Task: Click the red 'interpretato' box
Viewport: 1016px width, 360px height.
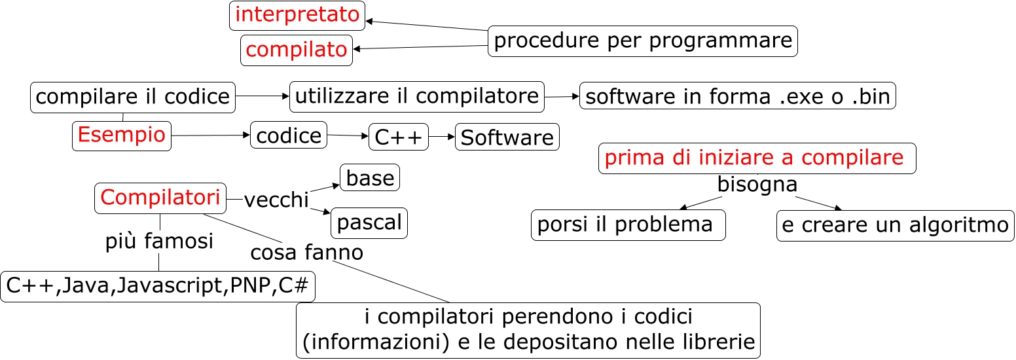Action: [x=297, y=15]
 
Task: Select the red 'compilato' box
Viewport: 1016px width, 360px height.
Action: [x=297, y=50]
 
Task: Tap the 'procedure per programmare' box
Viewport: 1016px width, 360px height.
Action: [x=643, y=41]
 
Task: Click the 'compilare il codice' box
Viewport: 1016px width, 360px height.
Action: [x=133, y=98]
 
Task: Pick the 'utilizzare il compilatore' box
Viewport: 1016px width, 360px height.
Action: [x=417, y=96]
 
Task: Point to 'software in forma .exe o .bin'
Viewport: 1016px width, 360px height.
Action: [x=737, y=96]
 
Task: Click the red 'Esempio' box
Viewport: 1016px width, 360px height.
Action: [x=122, y=135]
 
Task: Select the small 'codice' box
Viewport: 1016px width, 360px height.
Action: [x=289, y=135]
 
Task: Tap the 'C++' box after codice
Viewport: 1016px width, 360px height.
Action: [x=399, y=137]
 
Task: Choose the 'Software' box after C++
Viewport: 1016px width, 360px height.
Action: [x=507, y=137]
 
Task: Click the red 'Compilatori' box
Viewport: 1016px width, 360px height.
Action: [x=160, y=198]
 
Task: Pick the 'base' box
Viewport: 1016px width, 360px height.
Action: [x=370, y=177]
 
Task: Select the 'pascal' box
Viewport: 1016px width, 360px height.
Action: [x=369, y=223]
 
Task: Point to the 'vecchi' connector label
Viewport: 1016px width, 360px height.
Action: [x=276, y=200]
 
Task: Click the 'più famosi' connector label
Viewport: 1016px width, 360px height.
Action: [x=159, y=242]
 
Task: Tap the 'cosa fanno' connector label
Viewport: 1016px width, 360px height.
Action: [x=306, y=251]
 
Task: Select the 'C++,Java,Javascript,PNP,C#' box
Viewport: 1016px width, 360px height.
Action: [x=158, y=286]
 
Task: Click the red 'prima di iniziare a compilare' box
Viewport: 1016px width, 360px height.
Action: [x=757, y=158]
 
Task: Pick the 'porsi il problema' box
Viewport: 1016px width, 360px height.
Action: [x=628, y=225]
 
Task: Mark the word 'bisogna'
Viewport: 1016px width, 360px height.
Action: [x=757, y=185]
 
